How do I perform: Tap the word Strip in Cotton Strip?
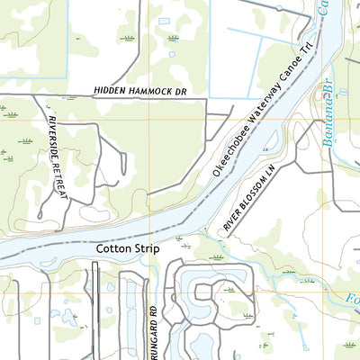(x=148, y=247)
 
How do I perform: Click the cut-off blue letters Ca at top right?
(x=323, y=9)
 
